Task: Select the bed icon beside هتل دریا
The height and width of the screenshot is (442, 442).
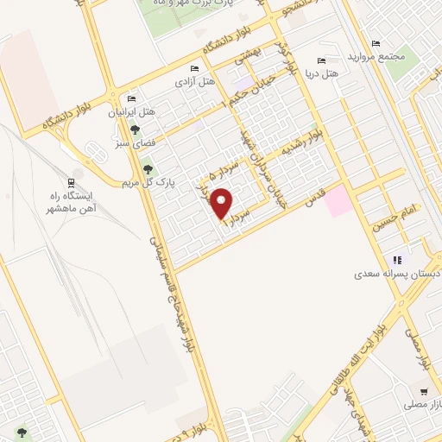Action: tap(322, 61)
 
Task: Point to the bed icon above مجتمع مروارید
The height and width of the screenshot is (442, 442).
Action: tap(374, 42)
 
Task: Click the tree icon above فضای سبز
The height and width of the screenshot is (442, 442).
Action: tap(134, 129)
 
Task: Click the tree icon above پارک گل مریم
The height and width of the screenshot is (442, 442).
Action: tap(148, 169)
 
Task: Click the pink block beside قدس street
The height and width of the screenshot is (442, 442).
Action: tap(338, 201)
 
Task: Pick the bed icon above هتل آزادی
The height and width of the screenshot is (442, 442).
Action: tap(194, 68)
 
